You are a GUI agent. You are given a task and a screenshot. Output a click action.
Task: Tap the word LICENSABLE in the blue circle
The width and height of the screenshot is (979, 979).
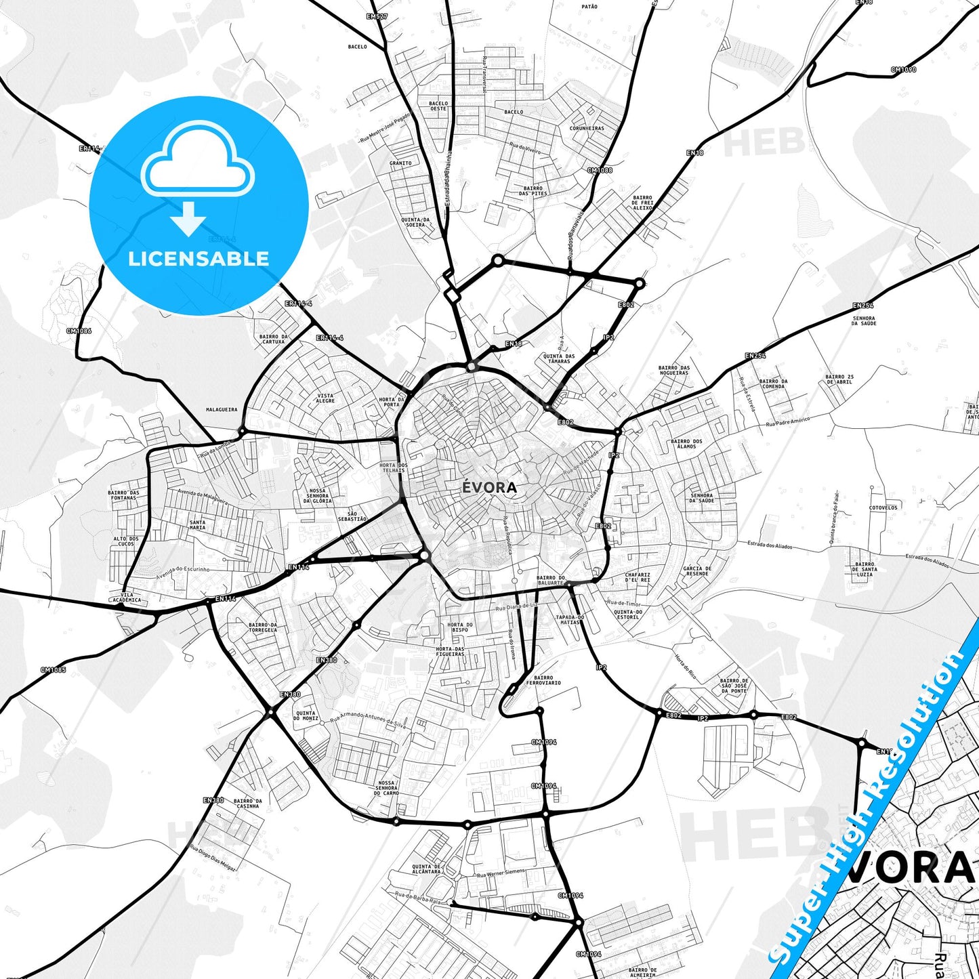(x=199, y=258)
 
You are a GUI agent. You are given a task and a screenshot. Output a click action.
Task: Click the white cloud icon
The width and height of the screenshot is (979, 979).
(x=197, y=161)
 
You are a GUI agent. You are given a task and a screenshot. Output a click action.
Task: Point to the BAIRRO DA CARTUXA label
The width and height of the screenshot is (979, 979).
(x=274, y=339)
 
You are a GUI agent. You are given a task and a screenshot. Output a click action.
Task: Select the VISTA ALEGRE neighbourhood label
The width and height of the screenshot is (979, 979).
(x=325, y=398)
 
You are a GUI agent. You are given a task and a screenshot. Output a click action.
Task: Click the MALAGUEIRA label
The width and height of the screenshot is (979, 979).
(x=222, y=410)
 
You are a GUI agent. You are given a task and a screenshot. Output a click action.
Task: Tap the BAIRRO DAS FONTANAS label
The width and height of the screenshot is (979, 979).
(x=123, y=495)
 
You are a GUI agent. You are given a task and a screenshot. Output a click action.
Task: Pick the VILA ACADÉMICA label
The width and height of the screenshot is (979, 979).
(x=127, y=597)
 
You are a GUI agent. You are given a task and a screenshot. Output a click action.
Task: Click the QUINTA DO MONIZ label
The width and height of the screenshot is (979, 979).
(x=306, y=715)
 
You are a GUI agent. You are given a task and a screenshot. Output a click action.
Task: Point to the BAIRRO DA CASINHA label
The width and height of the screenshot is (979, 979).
(x=247, y=804)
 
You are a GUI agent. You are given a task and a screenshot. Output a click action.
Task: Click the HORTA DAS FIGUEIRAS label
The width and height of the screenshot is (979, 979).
(x=451, y=651)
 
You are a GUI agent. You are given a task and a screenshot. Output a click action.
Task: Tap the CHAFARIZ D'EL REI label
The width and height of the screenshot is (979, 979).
(x=638, y=577)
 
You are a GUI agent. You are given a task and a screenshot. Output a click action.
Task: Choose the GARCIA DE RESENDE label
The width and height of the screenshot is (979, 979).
(x=697, y=571)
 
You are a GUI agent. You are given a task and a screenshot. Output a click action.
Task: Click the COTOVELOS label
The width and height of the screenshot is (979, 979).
(x=883, y=507)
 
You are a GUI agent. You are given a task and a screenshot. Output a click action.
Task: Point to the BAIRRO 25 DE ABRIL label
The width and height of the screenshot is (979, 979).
(x=839, y=379)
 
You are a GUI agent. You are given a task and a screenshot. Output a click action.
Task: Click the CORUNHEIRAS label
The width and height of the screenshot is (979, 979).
(x=587, y=128)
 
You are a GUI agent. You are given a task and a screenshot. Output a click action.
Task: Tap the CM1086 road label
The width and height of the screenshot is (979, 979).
(x=79, y=331)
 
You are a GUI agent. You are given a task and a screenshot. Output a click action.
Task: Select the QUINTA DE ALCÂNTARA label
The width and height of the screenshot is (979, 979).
(x=426, y=869)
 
